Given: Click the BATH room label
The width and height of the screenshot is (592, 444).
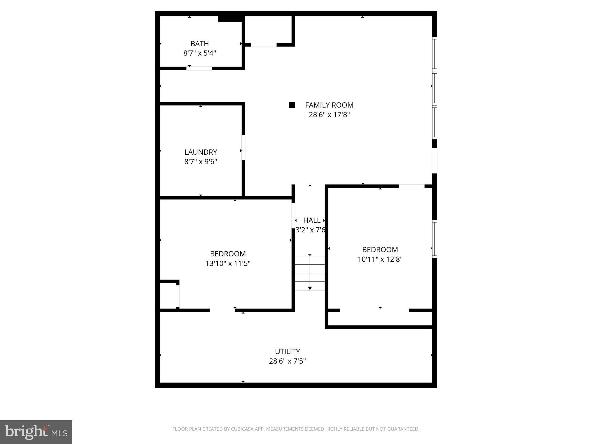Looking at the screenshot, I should pyautogui.click(x=199, y=44).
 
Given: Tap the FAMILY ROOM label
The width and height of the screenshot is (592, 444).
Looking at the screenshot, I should pyautogui.click(x=329, y=105).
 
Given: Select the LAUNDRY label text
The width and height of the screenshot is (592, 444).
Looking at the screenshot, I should pyautogui.click(x=201, y=152).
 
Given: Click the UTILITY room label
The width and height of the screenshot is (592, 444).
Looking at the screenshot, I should pyautogui.click(x=287, y=351).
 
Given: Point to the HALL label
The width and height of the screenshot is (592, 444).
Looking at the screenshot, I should pyautogui.click(x=312, y=220).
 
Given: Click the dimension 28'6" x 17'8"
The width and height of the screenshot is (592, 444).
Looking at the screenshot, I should pyautogui.click(x=329, y=115).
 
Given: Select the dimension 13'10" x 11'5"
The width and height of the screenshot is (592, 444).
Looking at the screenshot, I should pyautogui.click(x=228, y=263).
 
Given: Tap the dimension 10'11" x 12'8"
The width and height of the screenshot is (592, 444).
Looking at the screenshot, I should pyautogui.click(x=380, y=259).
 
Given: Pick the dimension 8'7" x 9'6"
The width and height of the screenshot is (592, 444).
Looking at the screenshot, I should pyautogui.click(x=201, y=162).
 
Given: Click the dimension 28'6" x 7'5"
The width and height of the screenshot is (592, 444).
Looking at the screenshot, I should pyautogui.click(x=287, y=361).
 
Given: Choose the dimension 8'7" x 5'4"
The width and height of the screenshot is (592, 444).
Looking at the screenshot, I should pyautogui.click(x=199, y=53).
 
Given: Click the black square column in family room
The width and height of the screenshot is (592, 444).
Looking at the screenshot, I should pyautogui.click(x=292, y=105).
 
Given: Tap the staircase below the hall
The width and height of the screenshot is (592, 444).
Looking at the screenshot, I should pyautogui.click(x=310, y=273).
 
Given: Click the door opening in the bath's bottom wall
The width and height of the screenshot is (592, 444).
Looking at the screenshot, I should pyautogui.click(x=199, y=69).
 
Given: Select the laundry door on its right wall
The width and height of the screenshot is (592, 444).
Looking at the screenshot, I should pyautogui.click(x=243, y=147).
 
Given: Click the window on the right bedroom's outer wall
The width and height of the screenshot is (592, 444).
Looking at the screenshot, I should pyautogui.click(x=434, y=239).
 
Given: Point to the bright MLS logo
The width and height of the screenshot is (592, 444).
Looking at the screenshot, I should pyautogui.click(x=36, y=432).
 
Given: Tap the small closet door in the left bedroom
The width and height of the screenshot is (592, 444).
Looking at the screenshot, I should pyautogui.click(x=177, y=296).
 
